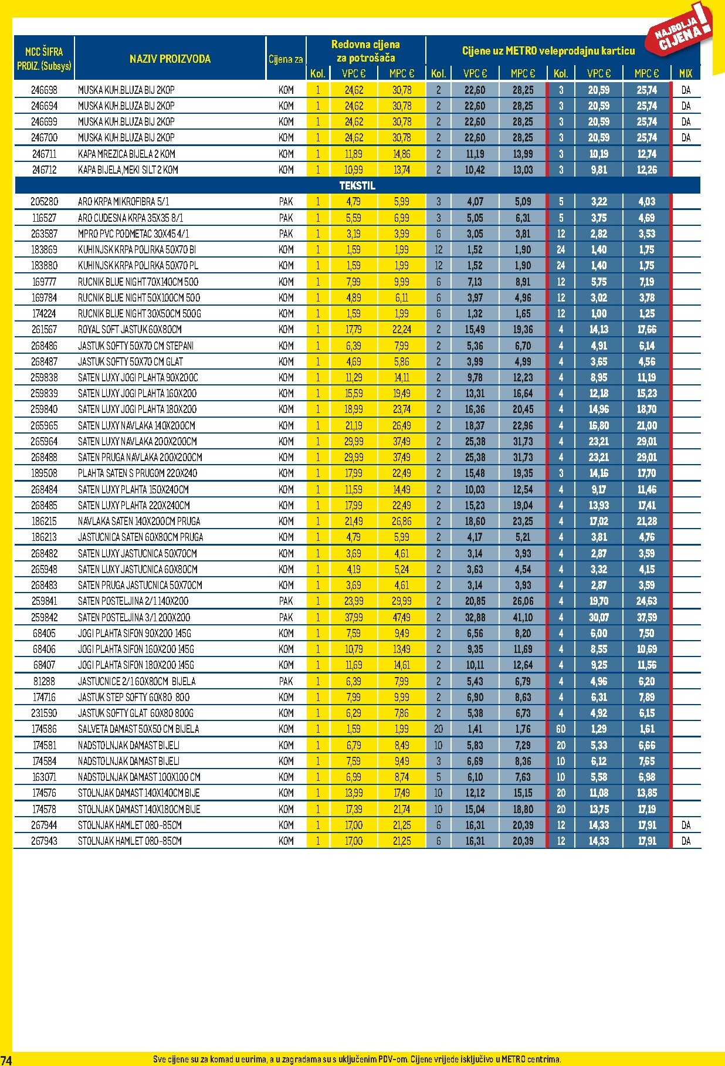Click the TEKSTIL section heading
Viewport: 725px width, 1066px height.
pyautogui.click(x=357, y=185)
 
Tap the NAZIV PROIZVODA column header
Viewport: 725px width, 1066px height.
pyautogui.click(x=170, y=59)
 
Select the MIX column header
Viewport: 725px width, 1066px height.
pyautogui.click(x=685, y=73)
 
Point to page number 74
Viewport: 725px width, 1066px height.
pyautogui.click(x=6, y=1060)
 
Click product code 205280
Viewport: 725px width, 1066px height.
pyautogui.click(x=45, y=201)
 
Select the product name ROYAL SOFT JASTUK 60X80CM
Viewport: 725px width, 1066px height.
pyautogui.click(x=130, y=329)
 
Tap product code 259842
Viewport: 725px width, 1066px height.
pyautogui.click(x=45, y=617)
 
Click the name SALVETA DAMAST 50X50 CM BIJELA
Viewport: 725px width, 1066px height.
pyautogui.click(x=138, y=729)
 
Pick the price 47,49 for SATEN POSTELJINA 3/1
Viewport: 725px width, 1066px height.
pyautogui.click(x=402, y=617)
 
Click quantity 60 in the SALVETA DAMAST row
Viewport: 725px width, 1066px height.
pyautogui.click(x=561, y=729)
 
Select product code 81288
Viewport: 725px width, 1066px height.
pyautogui.click(x=45, y=681)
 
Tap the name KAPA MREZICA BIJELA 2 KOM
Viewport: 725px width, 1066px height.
pyautogui.click(x=126, y=154)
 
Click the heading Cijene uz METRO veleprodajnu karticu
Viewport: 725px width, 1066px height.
pyautogui.click(x=548, y=51)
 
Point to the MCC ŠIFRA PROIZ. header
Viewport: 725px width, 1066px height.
pyautogui.click(x=44, y=59)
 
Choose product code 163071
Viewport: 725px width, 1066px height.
pyautogui.click(x=45, y=777)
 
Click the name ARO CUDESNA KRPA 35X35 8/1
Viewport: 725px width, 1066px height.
pyautogui.click(x=130, y=218)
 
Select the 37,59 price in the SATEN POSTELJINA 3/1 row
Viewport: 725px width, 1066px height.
pyautogui.click(x=646, y=617)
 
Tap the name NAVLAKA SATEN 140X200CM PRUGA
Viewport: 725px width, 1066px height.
pyautogui.click(x=139, y=521)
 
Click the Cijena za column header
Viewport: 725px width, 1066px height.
pyautogui.click(x=286, y=59)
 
